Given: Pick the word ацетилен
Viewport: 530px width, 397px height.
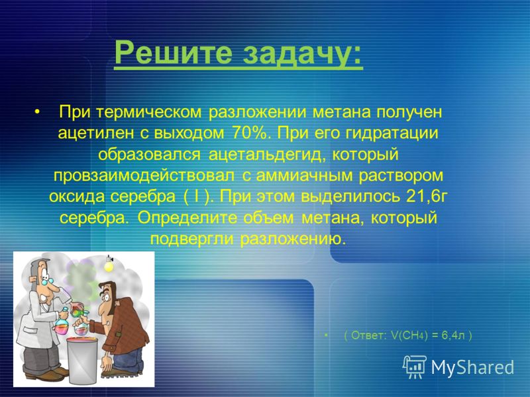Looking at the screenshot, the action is pos(96,134).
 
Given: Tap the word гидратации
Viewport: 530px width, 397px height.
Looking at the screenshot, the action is pos(392,134).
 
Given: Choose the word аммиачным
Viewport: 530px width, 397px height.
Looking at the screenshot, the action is pos(304,176).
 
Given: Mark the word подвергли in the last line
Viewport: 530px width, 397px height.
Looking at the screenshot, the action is pos(191,240).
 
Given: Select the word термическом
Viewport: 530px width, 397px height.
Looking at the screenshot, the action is pos(149,112).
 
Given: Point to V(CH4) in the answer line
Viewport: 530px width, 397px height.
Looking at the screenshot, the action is pos(409,335).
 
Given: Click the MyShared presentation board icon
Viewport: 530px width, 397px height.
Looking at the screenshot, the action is pos(415,367).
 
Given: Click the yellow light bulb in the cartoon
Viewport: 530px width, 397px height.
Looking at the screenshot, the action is pos(109,265).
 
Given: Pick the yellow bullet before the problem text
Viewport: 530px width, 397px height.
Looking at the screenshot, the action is pos(37,112).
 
